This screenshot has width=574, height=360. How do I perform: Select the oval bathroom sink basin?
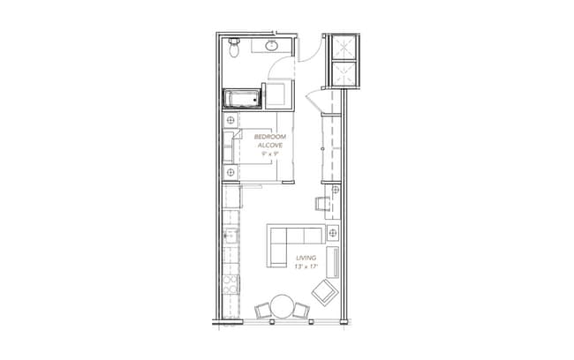click(x=271, y=46)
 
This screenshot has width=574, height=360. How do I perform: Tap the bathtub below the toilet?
click(x=241, y=98)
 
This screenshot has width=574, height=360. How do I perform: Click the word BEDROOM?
click(x=271, y=138)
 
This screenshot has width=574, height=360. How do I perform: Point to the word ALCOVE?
click(x=271, y=146)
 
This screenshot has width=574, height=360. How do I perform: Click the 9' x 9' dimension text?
click(x=270, y=154)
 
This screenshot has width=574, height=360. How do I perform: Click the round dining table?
click(x=283, y=306)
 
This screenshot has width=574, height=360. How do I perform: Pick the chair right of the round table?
click(x=302, y=310)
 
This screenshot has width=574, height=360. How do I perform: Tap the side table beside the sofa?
click(x=333, y=233)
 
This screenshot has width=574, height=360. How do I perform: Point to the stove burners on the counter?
click(x=230, y=284)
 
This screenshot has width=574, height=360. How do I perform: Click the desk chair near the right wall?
click(x=322, y=204)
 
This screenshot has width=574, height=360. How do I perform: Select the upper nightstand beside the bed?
click(x=231, y=120)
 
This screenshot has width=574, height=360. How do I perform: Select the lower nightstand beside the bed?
click(x=231, y=172)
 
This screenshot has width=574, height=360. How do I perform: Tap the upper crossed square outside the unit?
click(x=342, y=48)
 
